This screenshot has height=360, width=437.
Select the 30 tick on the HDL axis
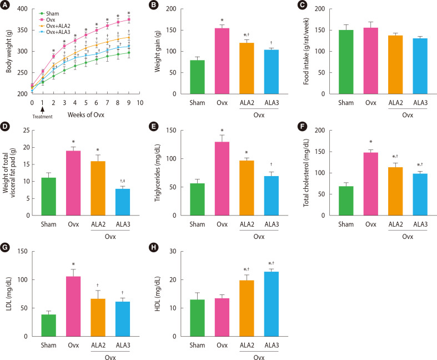pos(178,251)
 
